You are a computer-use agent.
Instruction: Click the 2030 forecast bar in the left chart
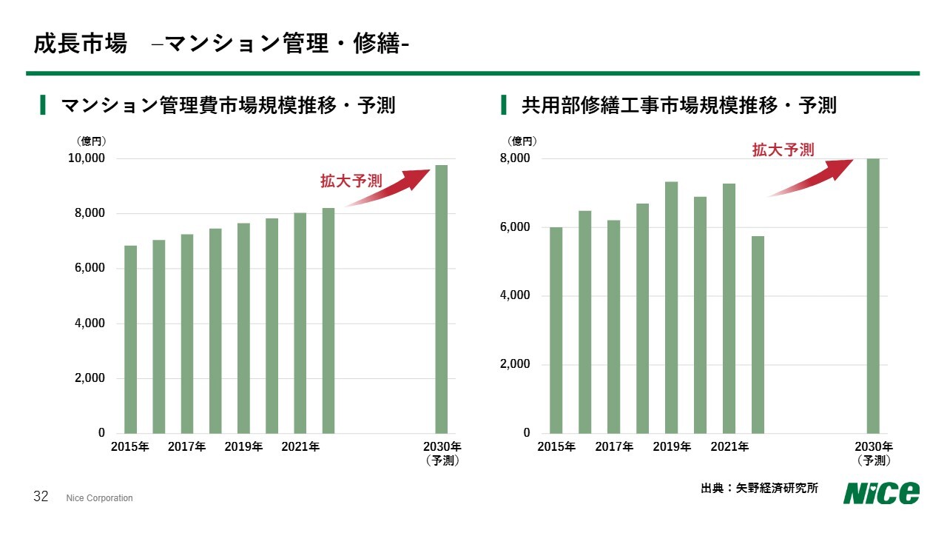click(441, 299)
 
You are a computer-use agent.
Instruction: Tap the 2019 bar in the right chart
click(671, 307)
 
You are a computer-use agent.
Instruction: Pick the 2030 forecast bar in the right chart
click(873, 296)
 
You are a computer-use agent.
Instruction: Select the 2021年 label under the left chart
click(300, 446)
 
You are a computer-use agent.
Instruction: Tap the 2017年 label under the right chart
click(614, 446)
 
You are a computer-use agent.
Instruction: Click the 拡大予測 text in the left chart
click(351, 181)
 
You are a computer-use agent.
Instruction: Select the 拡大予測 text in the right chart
click(783, 150)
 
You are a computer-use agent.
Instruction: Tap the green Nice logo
click(882, 492)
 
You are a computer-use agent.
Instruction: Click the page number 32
click(41, 497)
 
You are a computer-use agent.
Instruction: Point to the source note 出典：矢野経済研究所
click(759, 489)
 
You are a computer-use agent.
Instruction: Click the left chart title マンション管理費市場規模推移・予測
click(228, 105)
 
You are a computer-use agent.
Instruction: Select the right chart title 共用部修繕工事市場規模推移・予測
click(678, 105)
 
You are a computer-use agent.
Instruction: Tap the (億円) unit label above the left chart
click(92, 141)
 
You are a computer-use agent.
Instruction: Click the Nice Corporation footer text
click(99, 498)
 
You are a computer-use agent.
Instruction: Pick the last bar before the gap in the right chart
click(758, 335)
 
